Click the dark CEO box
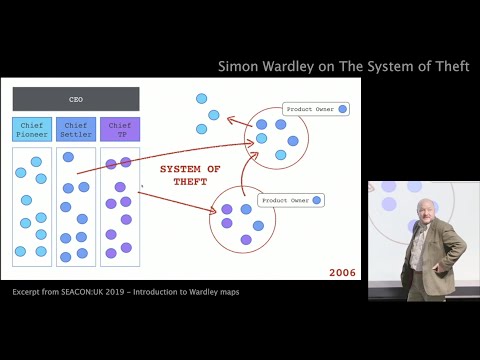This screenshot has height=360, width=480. (x=76, y=99)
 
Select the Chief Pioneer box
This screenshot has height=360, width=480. (x=32, y=129)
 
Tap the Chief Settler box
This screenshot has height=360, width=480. (x=76, y=129)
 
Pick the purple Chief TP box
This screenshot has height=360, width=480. (x=119, y=129)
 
